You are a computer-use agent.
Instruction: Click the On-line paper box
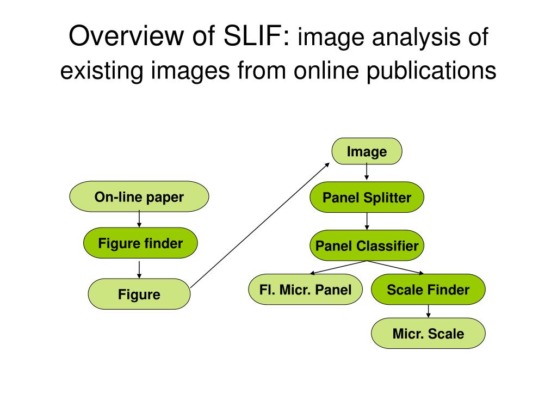tap(139, 196)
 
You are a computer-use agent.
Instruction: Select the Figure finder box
tap(140, 243)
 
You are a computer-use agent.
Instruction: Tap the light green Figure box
tap(139, 294)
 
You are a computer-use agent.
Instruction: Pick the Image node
tap(367, 151)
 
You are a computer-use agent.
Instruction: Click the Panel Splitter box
tap(367, 198)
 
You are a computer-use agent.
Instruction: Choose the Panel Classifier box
tap(367, 246)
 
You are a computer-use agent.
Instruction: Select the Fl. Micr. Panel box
tap(305, 290)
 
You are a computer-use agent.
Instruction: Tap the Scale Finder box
tap(428, 290)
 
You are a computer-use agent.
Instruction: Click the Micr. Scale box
tap(428, 334)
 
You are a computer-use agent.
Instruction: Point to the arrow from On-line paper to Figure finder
tap(139, 219)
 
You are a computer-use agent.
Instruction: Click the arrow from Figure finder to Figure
tap(139, 269)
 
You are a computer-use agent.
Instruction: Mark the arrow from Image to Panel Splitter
tap(367, 172)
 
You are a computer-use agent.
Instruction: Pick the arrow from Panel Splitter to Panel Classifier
tap(367, 221)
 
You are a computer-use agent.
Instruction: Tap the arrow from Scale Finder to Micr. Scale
tap(428, 311)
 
